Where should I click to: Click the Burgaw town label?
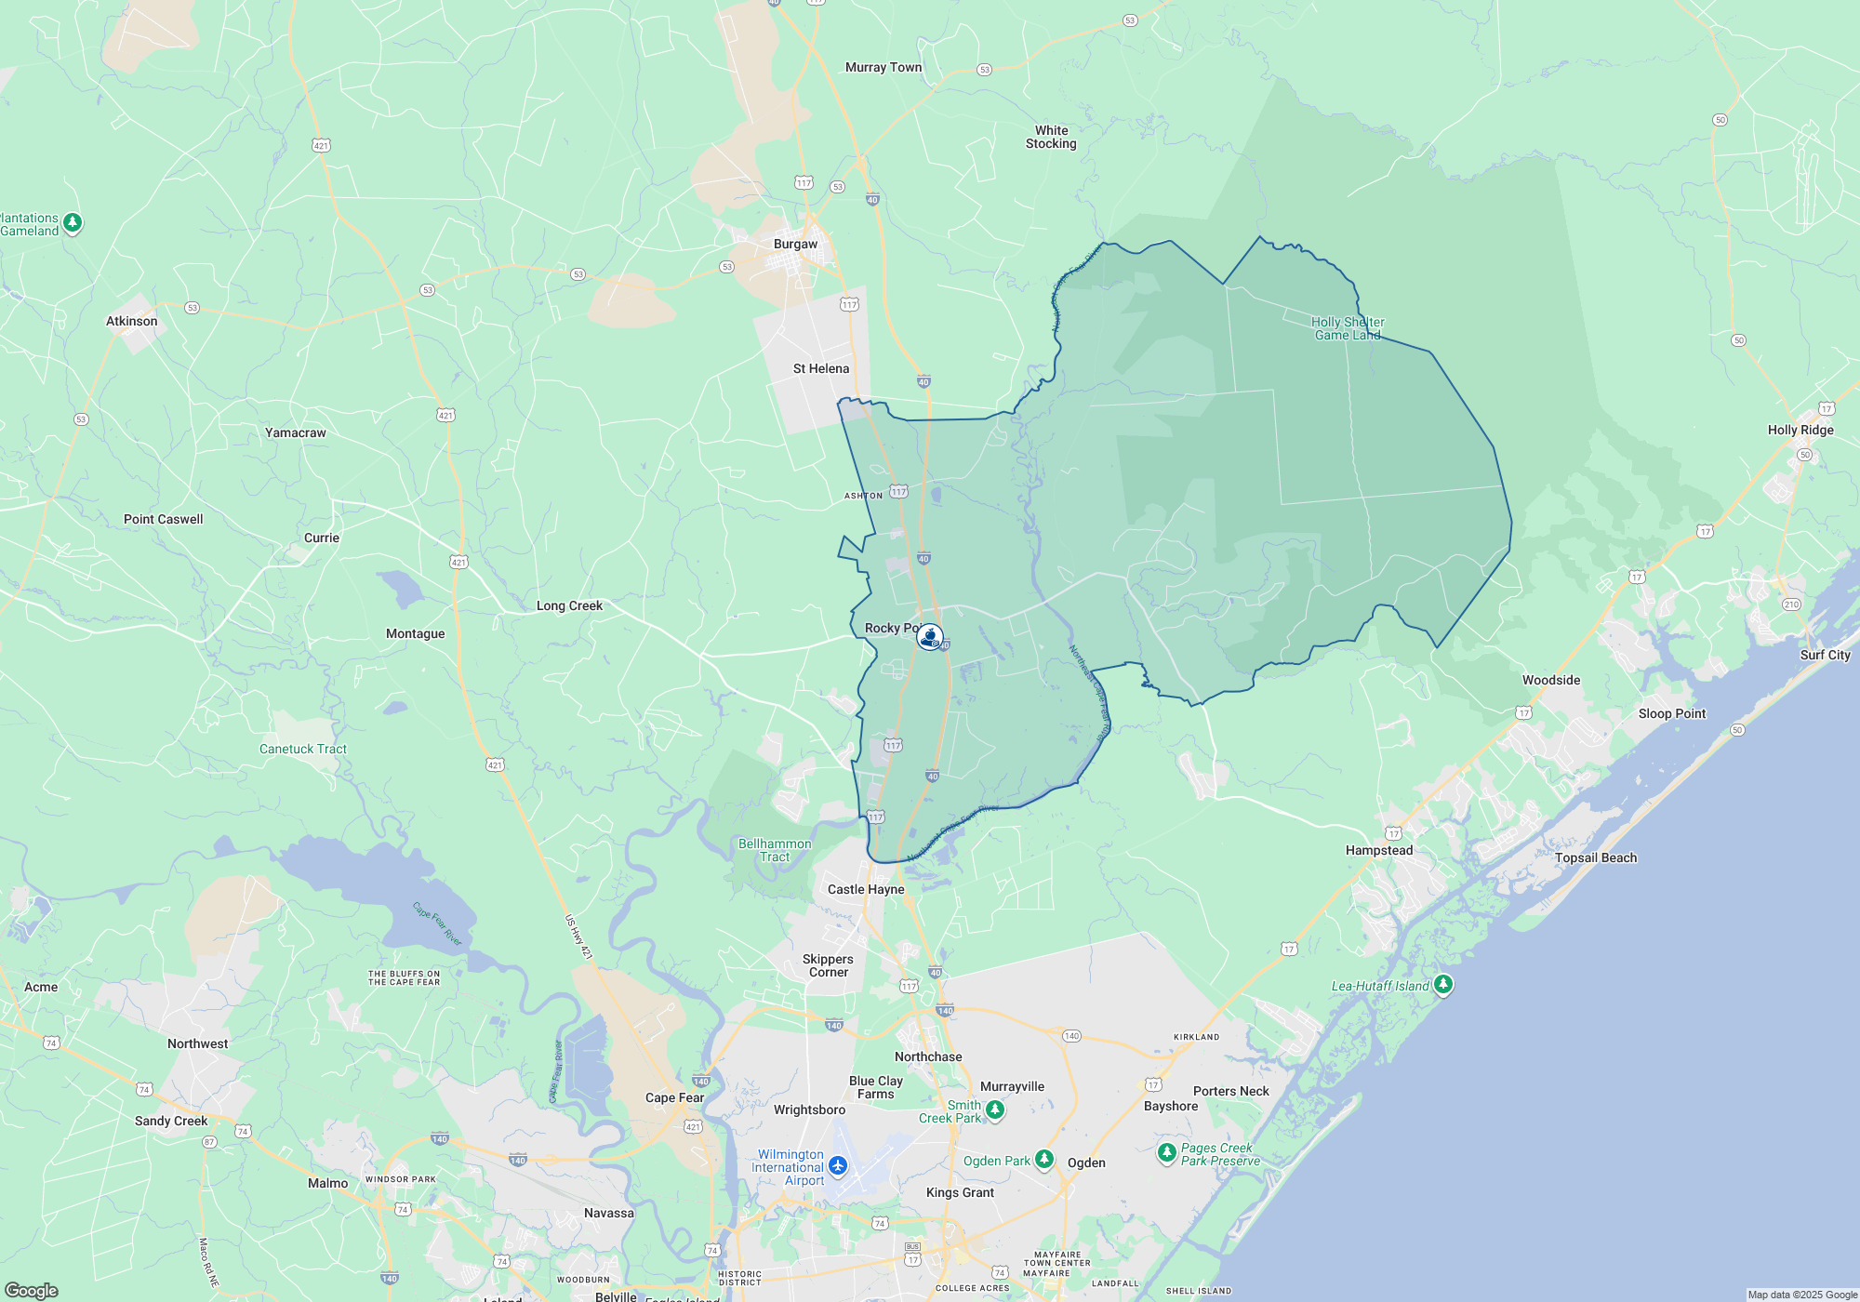pos(795,244)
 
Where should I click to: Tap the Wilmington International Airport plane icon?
pos(838,1165)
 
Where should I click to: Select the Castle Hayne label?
pos(866,889)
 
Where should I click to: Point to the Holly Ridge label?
pos(1800,430)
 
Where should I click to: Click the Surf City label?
pos(1825,655)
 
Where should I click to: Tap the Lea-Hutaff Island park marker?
pos(1442,984)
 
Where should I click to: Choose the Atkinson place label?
pos(132,321)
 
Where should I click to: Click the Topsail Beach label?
pos(1595,857)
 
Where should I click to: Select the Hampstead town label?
pos(1378,850)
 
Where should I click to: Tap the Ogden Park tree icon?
pos(1044,1159)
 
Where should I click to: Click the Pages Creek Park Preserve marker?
pos(1166,1152)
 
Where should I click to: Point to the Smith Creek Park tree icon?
pos(994,1109)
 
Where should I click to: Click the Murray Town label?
pos(883,67)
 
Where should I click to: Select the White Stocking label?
pos(1051,137)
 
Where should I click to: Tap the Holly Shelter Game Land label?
pos(1348,328)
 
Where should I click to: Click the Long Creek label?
pos(569,605)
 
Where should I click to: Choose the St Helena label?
pos(820,368)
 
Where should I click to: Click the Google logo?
pos(31,1290)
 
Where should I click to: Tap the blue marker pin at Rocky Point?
pos(929,637)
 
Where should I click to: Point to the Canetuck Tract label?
pos(302,749)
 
